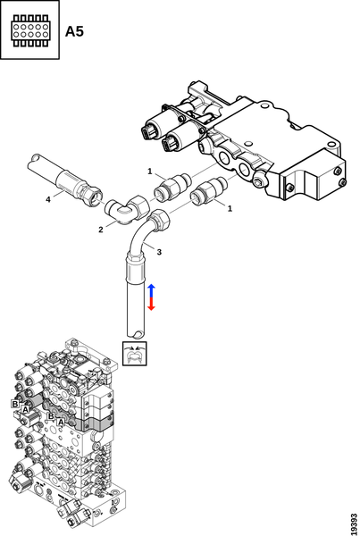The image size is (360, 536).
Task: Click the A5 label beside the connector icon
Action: pos(74,31)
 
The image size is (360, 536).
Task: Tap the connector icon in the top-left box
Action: pos(29,30)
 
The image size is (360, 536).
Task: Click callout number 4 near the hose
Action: pos(48,199)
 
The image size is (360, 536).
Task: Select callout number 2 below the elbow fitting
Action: pos(101,230)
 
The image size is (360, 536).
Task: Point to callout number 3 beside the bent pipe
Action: pos(159,252)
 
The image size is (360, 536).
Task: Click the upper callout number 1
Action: pos(150,171)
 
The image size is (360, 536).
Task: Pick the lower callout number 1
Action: pos(230,208)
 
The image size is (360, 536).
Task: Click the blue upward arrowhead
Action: pos(152,287)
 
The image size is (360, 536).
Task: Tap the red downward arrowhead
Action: pos(152,307)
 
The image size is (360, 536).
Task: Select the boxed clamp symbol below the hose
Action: pos(135,353)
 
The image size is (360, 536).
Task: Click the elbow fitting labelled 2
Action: pos(127,210)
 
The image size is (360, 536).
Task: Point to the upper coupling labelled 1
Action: pos(172,186)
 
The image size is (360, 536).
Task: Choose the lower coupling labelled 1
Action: pos(209,191)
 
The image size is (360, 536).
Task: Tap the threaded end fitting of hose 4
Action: pos(91,195)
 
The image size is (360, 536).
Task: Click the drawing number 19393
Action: pos(355,523)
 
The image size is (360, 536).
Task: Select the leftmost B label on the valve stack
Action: pos(15,404)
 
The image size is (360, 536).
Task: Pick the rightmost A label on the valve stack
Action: pos(61,423)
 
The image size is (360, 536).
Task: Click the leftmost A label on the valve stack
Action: pos(25,409)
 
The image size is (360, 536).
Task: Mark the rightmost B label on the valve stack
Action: pos(51,416)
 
